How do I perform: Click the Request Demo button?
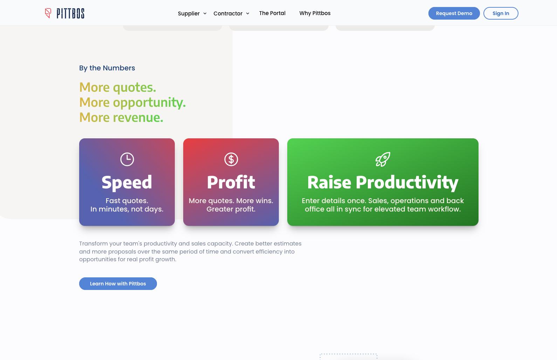pyautogui.click(x=454, y=13)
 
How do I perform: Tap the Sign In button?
pyautogui.click(x=501, y=13)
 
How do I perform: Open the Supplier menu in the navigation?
pyautogui.click(x=189, y=13)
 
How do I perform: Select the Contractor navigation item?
pyautogui.click(x=228, y=13)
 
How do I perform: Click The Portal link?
pyautogui.click(x=272, y=13)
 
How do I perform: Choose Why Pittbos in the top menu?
pyautogui.click(x=315, y=13)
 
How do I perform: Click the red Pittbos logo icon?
pyautogui.click(x=48, y=13)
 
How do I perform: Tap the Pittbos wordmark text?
pyautogui.click(x=70, y=13)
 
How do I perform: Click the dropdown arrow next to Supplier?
pyautogui.click(x=205, y=13)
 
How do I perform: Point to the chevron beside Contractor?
pyautogui.click(x=248, y=13)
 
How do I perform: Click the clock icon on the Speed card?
pyautogui.click(x=127, y=159)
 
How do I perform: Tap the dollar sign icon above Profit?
pyautogui.click(x=231, y=159)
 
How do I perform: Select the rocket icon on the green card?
pyautogui.click(x=383, y=159)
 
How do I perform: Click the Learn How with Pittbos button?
pyautogui.click(x=118, y=284)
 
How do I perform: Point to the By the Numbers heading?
pyautogui.click(x=107, y=68)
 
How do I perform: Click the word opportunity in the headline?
pyautogui.click(x=149, y=102)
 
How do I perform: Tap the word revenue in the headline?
pyautogui.click(x=138, y=117)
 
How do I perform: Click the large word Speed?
pyautogui.click(x=127, y=182)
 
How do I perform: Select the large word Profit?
pyautogui.click(x=231, y=182)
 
